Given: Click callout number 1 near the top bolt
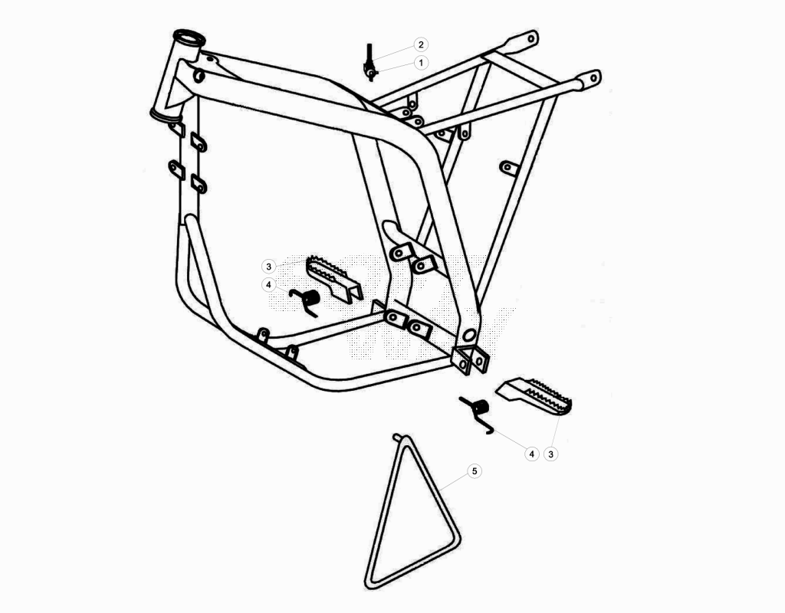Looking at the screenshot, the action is tap(421, 63).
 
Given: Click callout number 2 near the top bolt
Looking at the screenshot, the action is tap(421, 44).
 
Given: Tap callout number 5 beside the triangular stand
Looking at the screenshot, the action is tap(475, 471).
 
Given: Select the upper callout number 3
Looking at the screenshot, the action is tap(269, 266).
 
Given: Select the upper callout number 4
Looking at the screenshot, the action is tap(269, 285).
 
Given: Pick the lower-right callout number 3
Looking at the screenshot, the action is tap(550, 454).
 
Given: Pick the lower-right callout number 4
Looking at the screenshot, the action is tap(531, 454).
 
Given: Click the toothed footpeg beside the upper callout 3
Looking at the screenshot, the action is tap(333, 277).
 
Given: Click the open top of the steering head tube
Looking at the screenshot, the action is tap(189, 38).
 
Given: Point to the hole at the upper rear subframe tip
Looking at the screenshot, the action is tap(532, 37).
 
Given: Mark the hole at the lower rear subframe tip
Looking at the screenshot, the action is tap(594, 78).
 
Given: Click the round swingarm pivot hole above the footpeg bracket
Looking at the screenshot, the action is tap(469, 336).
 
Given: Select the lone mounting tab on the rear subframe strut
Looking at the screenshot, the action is tap(509, 168).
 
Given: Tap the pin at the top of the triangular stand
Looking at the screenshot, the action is tap(396, 437).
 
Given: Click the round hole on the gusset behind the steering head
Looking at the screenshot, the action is tap(199, 76).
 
